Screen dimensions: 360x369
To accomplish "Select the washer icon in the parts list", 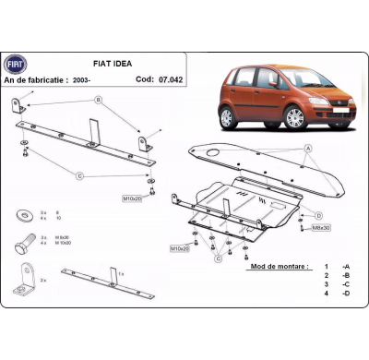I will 21,215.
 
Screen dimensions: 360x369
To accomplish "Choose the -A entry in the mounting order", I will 346,267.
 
